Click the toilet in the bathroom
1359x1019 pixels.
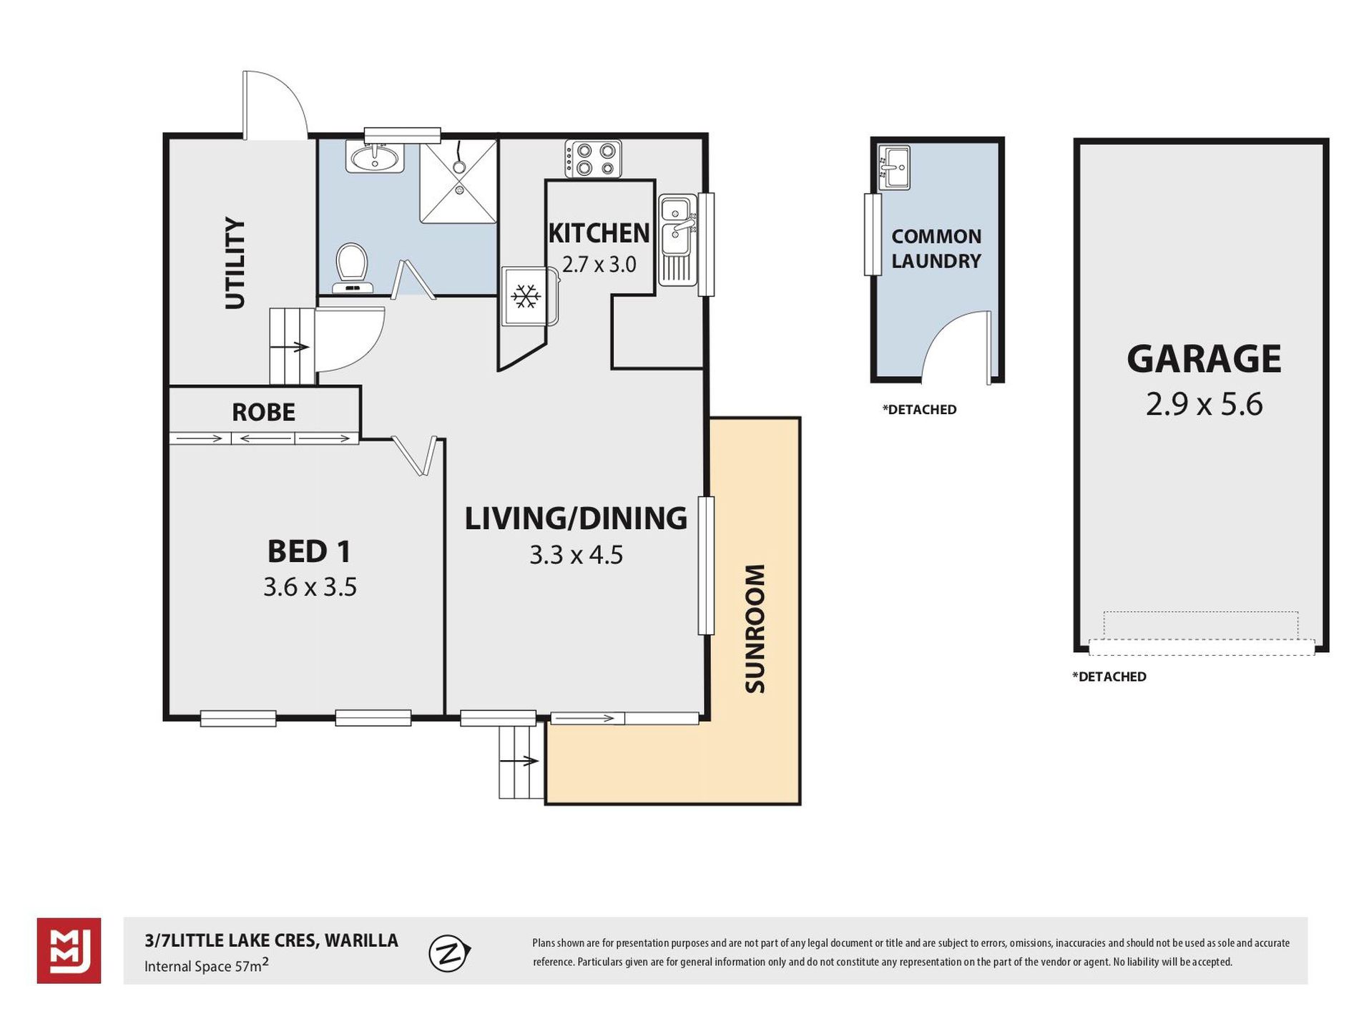351,268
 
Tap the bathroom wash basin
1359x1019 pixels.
374,157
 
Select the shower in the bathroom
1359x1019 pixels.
458,182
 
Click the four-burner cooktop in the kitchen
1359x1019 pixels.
593,159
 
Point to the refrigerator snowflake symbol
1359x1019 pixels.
525,297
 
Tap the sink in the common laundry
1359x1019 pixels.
893,167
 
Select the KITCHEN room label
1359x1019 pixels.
599,233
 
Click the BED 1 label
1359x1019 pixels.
309,551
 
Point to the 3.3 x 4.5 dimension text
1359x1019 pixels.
576,555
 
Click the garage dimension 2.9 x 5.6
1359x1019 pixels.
1204,404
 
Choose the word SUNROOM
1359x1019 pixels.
755,629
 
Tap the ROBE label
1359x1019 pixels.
263,412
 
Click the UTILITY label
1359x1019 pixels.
235,263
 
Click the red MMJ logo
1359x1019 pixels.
69,950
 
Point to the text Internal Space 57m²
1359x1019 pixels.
207,965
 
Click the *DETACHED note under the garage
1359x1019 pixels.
1109,676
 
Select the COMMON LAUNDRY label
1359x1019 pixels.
936,249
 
